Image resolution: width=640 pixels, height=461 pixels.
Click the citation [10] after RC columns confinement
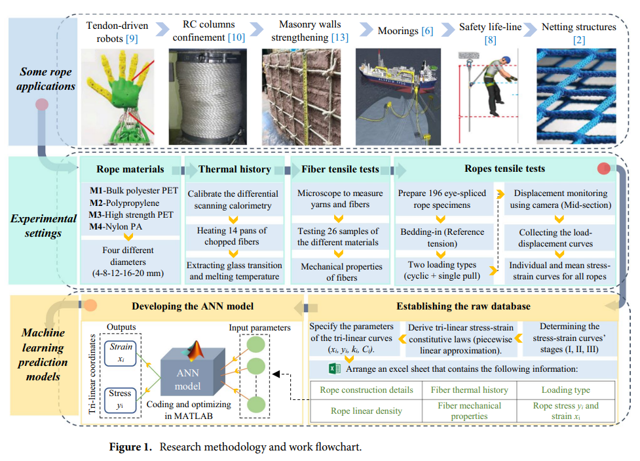[236, 37]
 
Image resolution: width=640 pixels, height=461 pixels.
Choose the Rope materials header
[130, 169]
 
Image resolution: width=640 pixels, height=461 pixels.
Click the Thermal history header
[234, 169]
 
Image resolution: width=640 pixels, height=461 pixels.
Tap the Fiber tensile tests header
[340, 169]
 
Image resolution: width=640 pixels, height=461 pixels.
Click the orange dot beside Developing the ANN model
[92, 306]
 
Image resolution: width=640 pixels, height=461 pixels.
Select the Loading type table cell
[565, 390]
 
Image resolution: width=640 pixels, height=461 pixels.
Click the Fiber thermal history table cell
[469, 390]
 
